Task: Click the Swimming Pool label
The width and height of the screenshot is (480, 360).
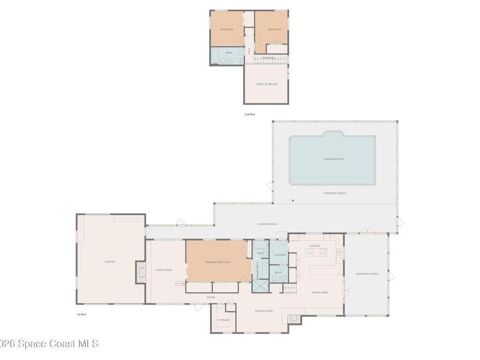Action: (x=334, y=159)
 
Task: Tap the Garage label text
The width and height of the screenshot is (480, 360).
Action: (x=110, y=262)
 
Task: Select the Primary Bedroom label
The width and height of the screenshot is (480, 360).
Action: (x=217, y=262)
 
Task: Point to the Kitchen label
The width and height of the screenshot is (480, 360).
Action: (x=315, y=246)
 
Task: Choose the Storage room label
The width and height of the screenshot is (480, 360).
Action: (x=223, y=320)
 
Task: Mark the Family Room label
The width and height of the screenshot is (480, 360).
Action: (x=264, y=311)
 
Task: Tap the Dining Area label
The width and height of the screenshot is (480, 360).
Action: (x=320, y=292)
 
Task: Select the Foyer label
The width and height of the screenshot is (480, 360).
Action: (x=211, y=297)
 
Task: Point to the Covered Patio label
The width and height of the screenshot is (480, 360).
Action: (x=267, y=224)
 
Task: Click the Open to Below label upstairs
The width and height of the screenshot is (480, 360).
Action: (x=266, y=84)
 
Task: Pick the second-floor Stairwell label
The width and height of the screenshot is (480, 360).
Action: (x=268, y=58)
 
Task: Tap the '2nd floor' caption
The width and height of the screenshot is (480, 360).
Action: (x=250, y=114)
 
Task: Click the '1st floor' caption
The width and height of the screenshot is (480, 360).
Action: (x=82, y=314)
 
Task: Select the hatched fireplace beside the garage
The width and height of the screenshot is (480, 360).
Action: (x=141, y=272)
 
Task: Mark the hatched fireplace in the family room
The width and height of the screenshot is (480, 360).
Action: (x=293, y=319)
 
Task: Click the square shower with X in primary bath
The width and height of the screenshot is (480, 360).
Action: (x=260, y=286)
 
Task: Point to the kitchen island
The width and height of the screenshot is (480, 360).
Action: (x=317, y=252)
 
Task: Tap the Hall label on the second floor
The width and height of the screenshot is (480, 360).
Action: (x=249, y=50)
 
